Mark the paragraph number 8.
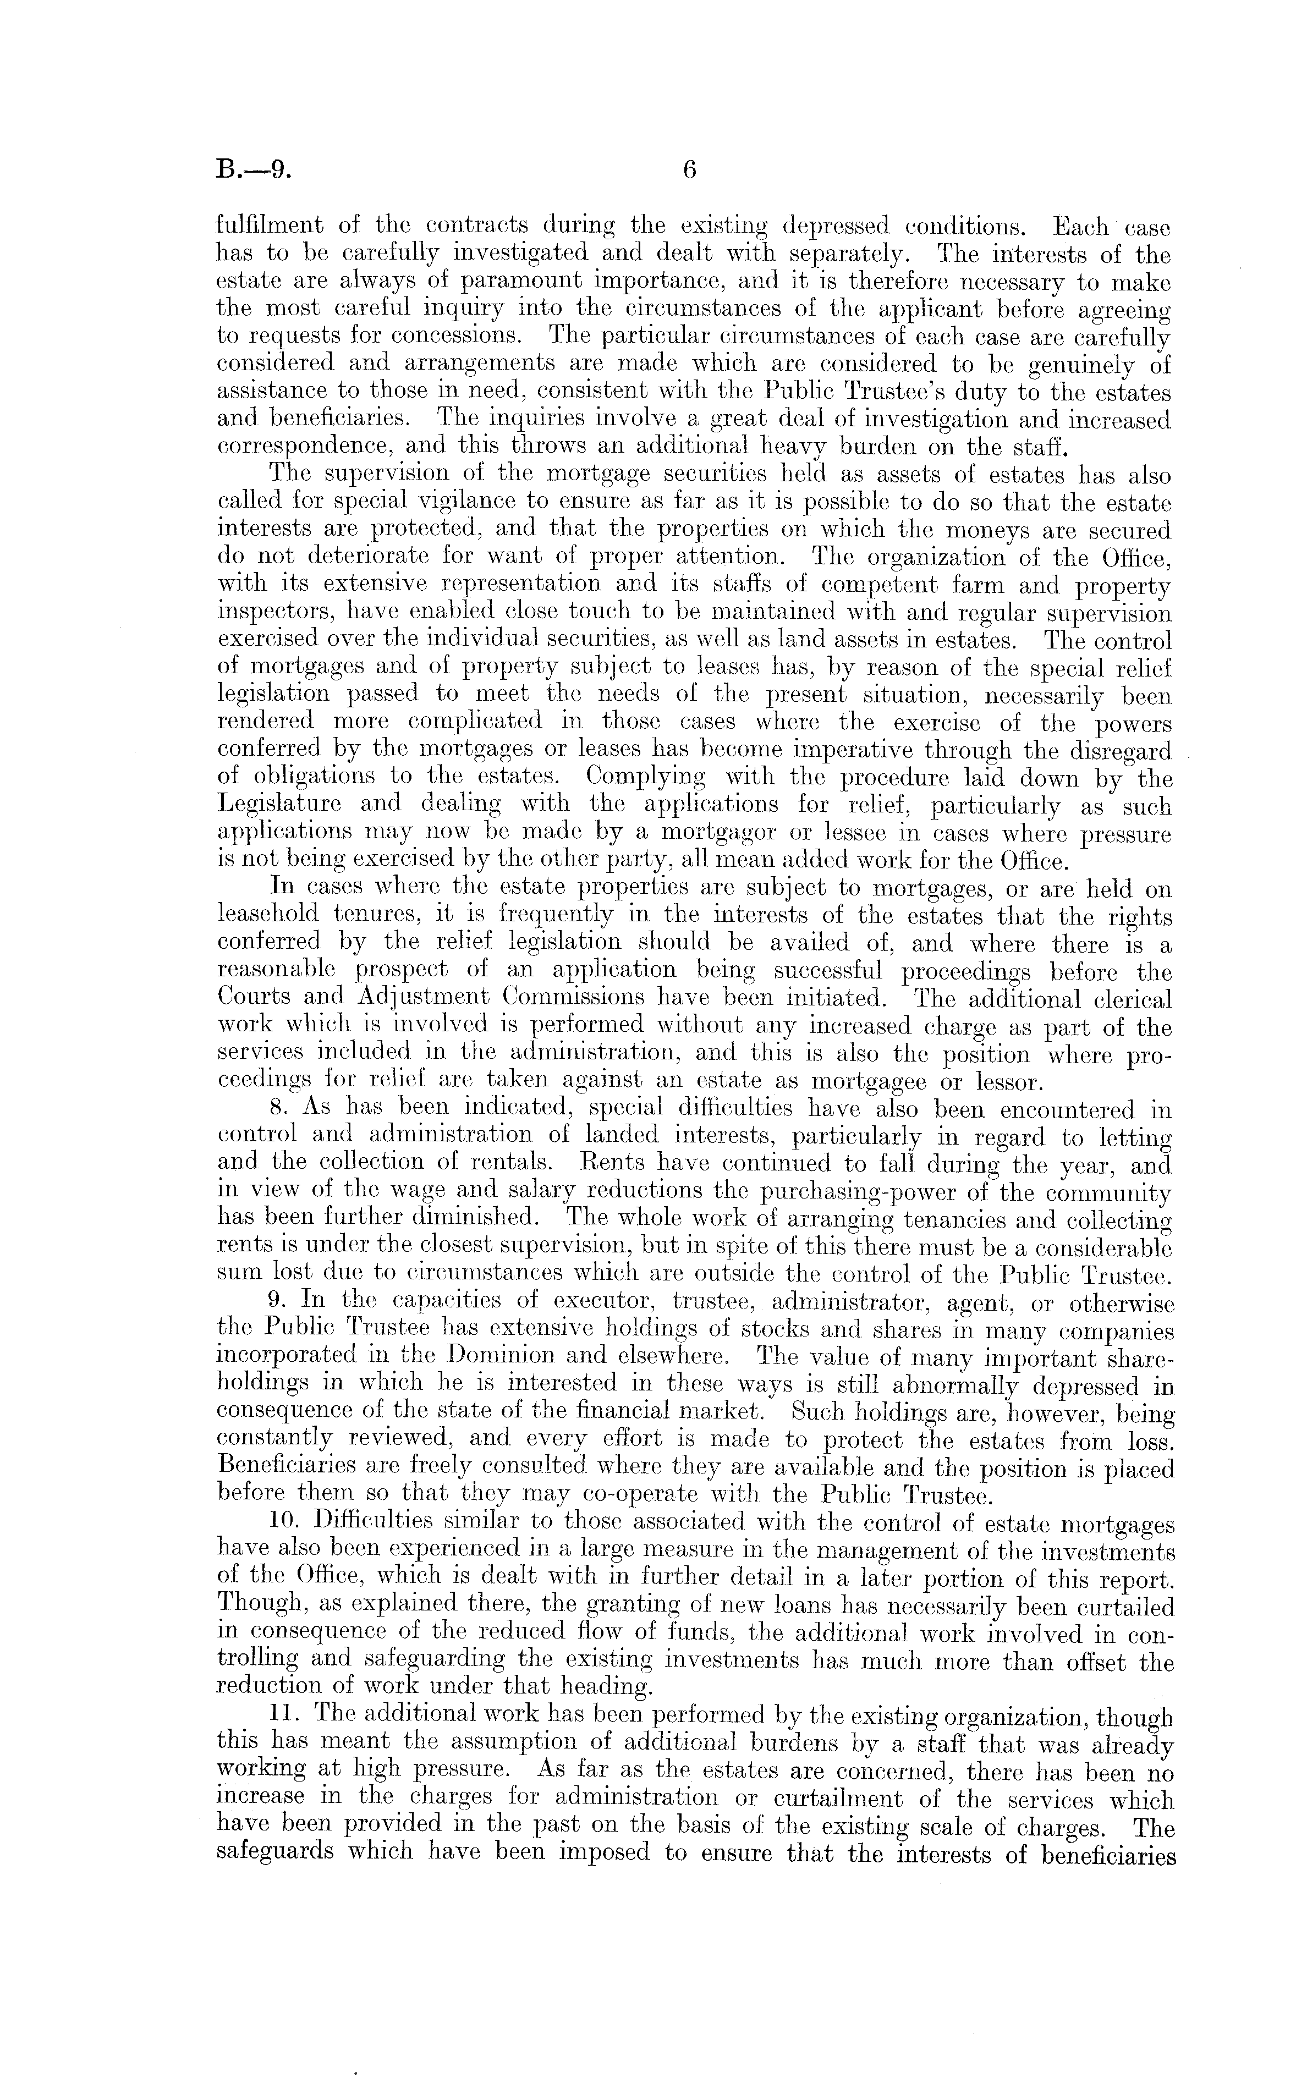point(277,1110)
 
